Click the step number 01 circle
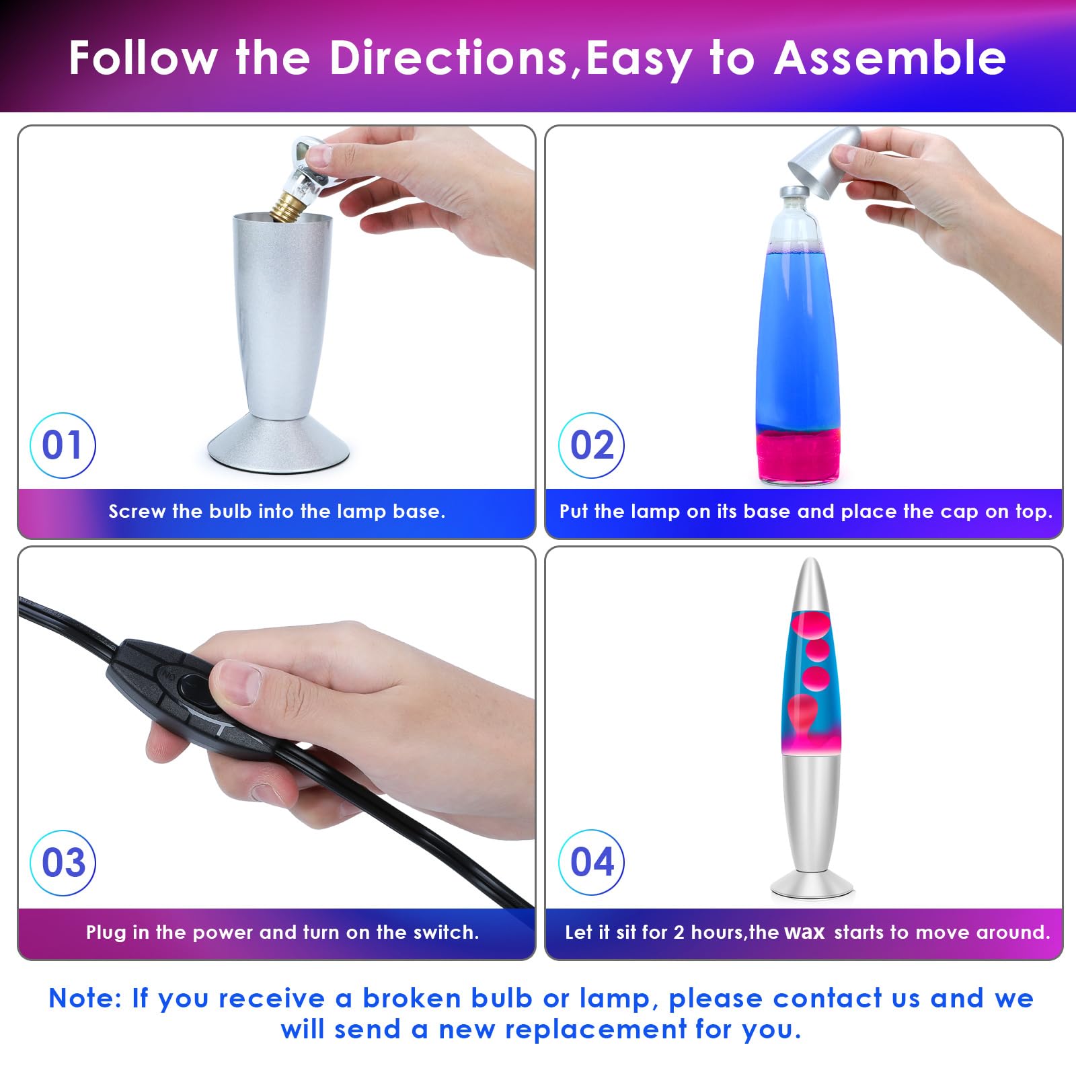coord(63,445)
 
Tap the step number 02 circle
coord(591,445)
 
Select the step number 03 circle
coord(63,863)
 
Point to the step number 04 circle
coord(591,862)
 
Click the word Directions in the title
coord(449,58)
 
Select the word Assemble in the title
coord(889,58)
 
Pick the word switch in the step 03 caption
coord(445,932)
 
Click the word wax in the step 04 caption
coord(804,932)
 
